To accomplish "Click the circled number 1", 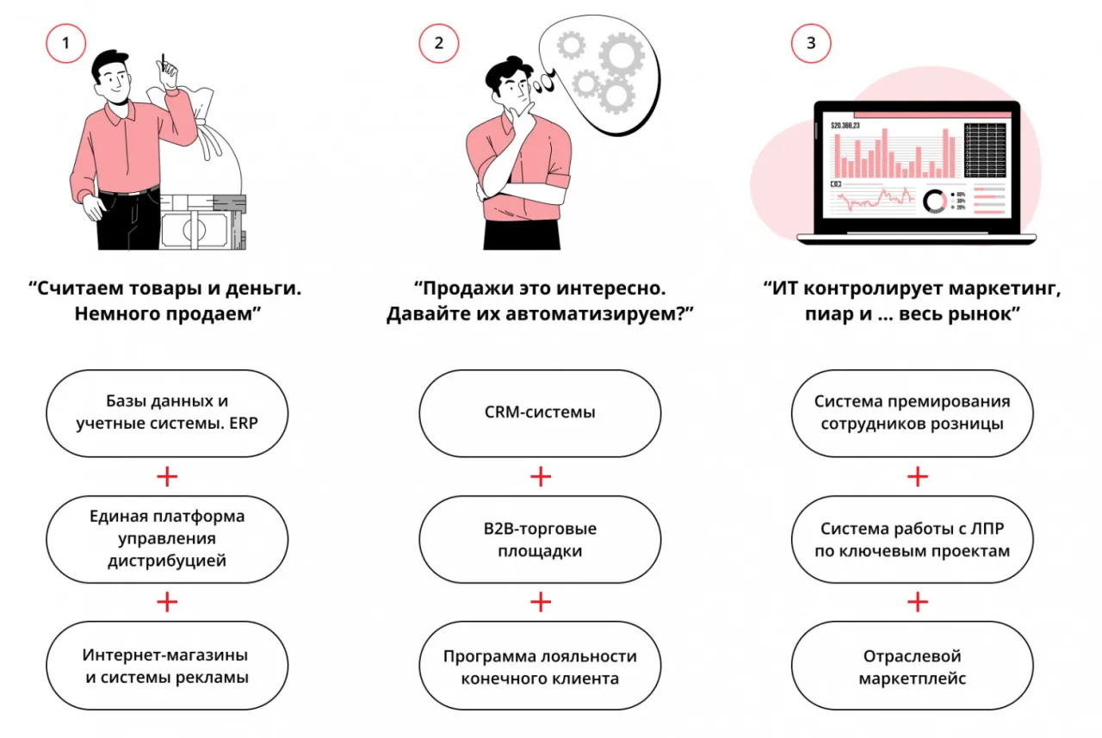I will [x=65, y=43].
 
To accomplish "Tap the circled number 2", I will [x=439, y=43].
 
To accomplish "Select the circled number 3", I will [x=811, y=43].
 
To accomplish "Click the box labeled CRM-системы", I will [x=540, y=412].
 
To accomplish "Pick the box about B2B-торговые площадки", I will [x=540, y=539].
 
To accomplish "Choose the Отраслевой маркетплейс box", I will [x=912, y=667].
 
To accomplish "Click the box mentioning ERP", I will [x=167, y=412].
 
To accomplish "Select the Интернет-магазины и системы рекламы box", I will [x=167, y=667].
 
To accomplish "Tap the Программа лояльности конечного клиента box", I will [x=540, y=667].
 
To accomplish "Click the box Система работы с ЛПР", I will [x=912, y=539].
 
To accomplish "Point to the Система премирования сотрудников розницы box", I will [x=912, y=412].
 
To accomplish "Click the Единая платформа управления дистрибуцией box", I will [x=167, y=539].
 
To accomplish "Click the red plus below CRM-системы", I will [x=540, y=476].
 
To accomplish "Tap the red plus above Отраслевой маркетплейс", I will [x=918, y=603].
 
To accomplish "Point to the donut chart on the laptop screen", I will [x=935, y=202].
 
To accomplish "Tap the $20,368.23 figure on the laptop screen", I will [x=851, y=126].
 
